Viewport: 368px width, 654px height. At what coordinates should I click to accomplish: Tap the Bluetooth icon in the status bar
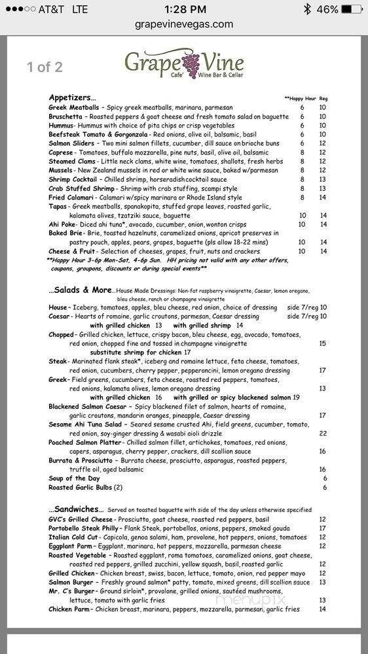coord(306,9)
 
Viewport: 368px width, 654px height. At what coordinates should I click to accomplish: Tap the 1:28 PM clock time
coord(184,9)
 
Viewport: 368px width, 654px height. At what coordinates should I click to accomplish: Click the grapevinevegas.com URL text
coord(184,24)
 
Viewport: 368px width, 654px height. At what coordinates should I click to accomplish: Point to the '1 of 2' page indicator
coord(45,66)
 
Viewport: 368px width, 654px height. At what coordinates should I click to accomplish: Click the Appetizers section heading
coord(72,97)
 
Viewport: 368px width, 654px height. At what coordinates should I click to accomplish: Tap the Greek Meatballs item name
coord(74,107)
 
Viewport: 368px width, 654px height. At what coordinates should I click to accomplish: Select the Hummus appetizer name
coord(61,125)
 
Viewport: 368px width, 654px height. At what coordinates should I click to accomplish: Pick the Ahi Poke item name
coord(62,224)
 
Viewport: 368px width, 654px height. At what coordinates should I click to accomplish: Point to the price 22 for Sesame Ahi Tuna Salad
coord(322,433)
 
